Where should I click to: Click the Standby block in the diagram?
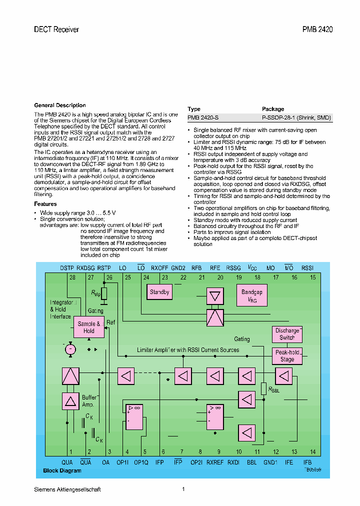coord(159,292)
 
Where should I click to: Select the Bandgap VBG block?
coord(251,295)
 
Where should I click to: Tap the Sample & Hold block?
coord(89,327)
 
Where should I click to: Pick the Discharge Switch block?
coord(287,334)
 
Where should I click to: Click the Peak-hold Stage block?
coord(287,355)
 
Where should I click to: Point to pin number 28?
coord(72,277)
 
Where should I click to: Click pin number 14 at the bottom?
coord(313,452)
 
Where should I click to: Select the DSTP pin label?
coord(67,268)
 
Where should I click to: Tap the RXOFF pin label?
coord(160,268)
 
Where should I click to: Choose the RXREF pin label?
coord(215,462)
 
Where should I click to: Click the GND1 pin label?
coord(270,462)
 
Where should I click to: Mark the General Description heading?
coord(59,105)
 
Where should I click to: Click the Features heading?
coord(45,204)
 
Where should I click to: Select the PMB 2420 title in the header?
coord(317,29)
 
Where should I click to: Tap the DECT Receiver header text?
coord(56,29)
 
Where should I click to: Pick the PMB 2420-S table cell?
coord(203,118)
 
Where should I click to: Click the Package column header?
coord(273,109)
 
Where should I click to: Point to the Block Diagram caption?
coord(62,471)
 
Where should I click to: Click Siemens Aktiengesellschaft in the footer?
coord(67,489)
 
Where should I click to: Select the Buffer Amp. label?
coord(89,400)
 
